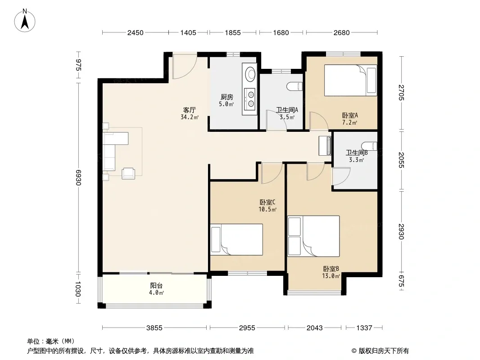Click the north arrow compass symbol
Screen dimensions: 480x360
point(25,21)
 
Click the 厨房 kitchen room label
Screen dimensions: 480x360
point(227,97)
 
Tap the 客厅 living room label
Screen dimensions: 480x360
point(190,110)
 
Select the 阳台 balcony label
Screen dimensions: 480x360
point(156,286)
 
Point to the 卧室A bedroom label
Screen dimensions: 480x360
point(350,115)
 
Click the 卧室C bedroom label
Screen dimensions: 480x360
point(267,202)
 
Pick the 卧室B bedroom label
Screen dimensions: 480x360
point(331,269)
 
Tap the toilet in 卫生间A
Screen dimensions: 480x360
point(295,86)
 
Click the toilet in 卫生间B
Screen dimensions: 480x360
point(369,146)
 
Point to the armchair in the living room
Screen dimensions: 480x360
point(128,173)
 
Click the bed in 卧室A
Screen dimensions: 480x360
point(350,80)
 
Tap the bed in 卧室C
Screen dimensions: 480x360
point(236,239)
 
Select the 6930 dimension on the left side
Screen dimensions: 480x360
point(78,177)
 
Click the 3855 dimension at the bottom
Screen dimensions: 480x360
point(154,328)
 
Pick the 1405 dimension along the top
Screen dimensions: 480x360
point(188,32)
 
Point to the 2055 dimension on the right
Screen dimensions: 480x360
point(402,160)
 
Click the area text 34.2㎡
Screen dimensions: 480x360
point(190,117)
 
